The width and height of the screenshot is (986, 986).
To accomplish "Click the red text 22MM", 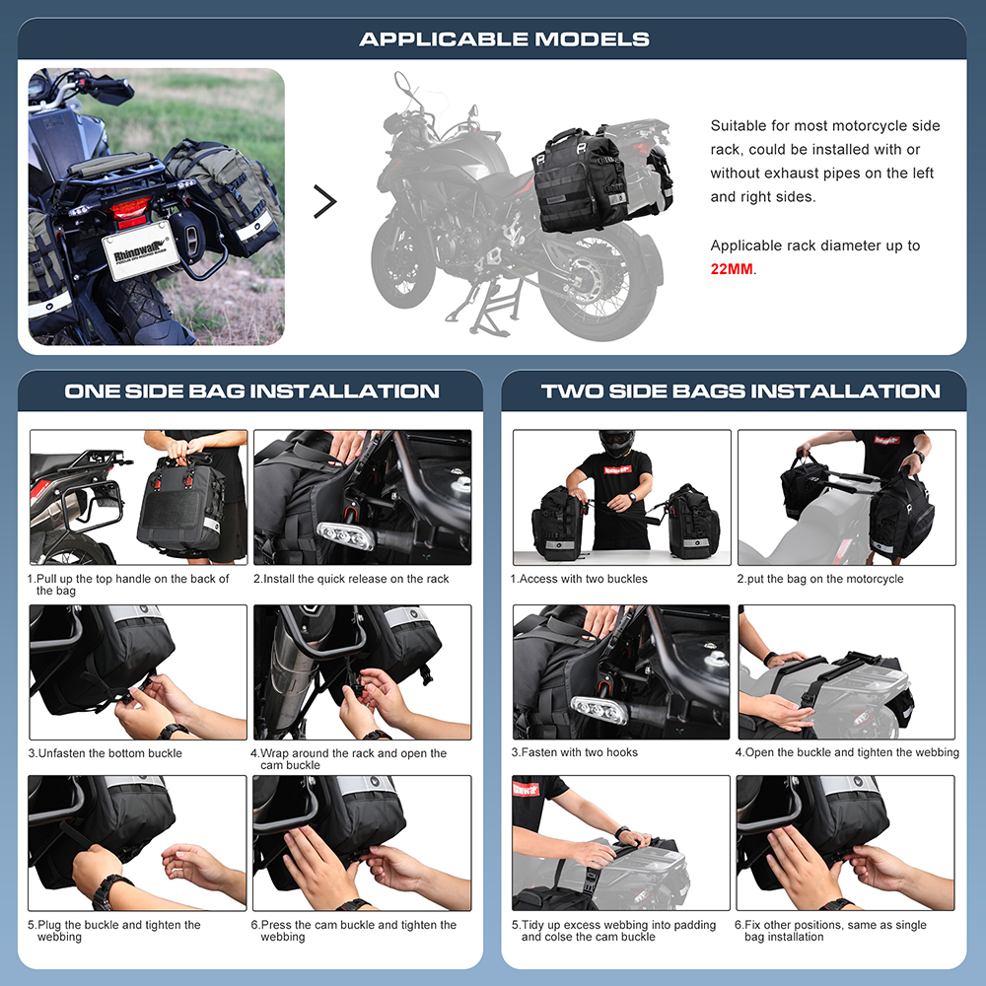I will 732,268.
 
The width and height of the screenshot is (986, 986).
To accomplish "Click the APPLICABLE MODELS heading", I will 504,39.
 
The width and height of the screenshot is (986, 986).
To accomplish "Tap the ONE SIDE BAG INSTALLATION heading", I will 251,390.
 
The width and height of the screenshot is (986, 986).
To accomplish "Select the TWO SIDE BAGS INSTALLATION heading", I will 740,390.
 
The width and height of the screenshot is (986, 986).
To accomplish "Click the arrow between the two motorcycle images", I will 324,201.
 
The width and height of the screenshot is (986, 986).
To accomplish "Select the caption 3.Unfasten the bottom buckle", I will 106,753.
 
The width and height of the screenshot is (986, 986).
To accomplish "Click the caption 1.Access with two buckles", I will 579,579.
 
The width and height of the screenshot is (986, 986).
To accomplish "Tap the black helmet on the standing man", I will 616,442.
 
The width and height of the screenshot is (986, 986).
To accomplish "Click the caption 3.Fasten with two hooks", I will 575,752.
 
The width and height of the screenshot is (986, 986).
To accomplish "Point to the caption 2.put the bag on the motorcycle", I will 819,579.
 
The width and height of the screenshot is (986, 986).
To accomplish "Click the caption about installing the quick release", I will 351,579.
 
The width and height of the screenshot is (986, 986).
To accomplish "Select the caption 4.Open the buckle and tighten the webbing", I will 846,752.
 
